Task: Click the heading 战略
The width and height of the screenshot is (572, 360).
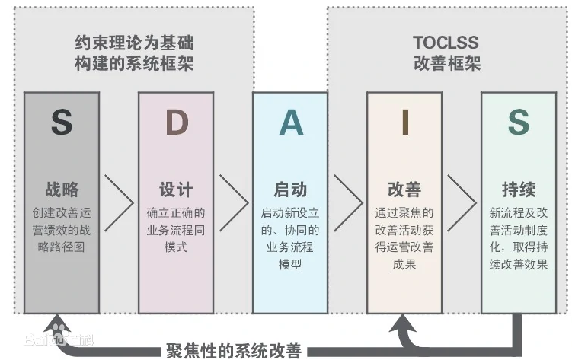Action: point(62,190)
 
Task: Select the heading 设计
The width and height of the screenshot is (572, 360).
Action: point(176,190)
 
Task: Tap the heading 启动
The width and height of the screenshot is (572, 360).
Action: point(290,190)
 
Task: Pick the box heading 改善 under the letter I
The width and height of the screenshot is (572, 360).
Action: point(404,190)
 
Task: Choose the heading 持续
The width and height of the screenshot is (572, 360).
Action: point(519,190)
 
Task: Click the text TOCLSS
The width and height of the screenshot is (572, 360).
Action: point(446,43)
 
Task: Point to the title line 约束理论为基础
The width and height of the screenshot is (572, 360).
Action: point(134,43)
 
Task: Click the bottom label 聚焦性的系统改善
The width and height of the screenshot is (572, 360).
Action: point(234,351)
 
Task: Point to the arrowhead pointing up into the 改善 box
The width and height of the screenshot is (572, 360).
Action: point(403,323)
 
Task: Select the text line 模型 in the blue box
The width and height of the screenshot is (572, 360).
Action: point(290,264)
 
